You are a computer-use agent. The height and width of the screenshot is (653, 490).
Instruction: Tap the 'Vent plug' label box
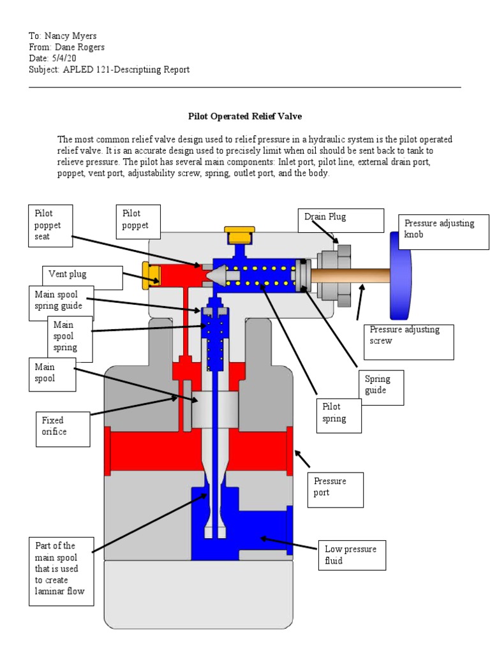tap(82, 277)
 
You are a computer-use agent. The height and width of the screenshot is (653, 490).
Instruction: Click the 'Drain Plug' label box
tap(341, 220)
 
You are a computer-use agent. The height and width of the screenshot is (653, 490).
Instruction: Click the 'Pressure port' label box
tap(335, 488)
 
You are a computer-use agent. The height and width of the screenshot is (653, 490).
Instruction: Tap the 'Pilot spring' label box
tap(339, 415)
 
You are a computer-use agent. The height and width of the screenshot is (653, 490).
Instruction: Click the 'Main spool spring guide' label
tap(61, 302)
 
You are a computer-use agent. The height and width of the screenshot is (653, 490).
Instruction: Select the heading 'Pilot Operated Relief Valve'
tap(244, 117)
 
